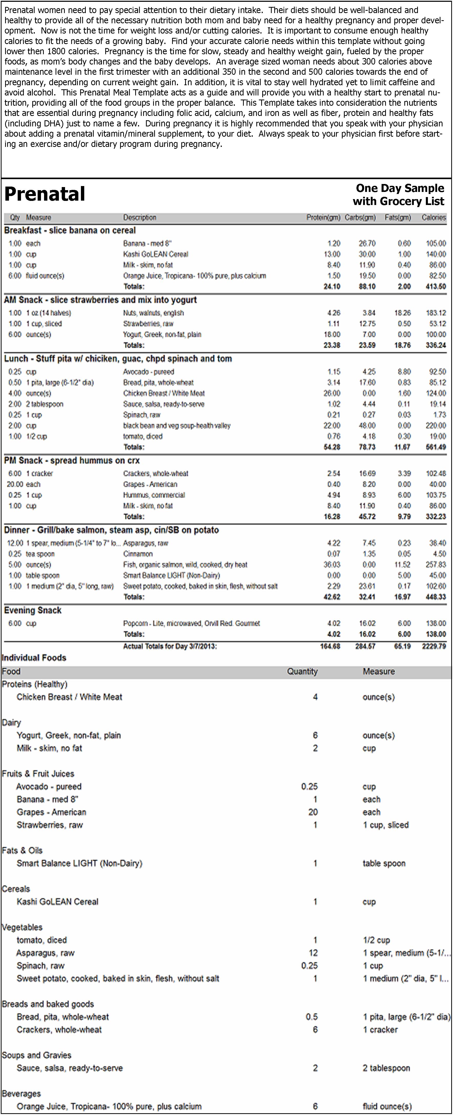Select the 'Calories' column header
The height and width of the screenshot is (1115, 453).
tap(434, 217)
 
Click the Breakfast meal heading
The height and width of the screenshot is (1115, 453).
tap(70, 230)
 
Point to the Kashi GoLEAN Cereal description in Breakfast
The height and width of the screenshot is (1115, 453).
tap(155, 254)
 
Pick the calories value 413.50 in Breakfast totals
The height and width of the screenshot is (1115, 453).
tap(436, 287)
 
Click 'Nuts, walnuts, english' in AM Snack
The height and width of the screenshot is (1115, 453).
tap(153, 313)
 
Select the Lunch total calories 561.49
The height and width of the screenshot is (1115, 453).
tap(436, 447)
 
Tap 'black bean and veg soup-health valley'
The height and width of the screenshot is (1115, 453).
tap(177, 426)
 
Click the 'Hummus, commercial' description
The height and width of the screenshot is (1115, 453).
tap(154, 495)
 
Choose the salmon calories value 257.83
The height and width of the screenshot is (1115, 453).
tap(436, 565)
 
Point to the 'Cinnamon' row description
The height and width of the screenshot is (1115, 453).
tap(138, 554)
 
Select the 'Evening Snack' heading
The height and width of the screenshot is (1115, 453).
tap(33, 610)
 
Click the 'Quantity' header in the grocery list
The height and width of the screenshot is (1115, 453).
tap(302, 671)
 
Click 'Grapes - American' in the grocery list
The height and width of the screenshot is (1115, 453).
tap(51, 812)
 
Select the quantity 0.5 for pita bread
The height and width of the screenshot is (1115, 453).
tap(312, 1017)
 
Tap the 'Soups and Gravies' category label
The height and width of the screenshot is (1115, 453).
tap(37, 1055)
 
